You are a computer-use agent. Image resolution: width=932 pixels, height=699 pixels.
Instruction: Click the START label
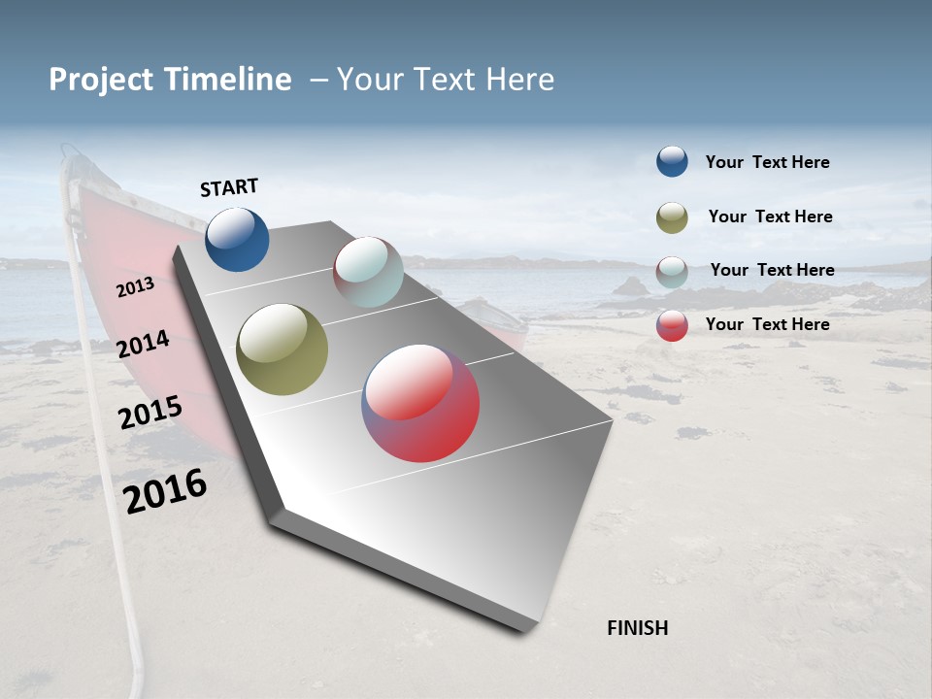229,187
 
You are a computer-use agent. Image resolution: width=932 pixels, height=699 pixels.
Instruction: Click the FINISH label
637,628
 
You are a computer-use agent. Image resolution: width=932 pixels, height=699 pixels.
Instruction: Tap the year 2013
136,286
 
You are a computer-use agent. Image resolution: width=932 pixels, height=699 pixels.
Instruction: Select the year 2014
144,344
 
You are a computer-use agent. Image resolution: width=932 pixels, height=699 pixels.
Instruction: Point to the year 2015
150,413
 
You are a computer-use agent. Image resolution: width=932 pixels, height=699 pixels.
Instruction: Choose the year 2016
165,490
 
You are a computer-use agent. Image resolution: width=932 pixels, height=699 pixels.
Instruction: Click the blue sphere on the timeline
237,239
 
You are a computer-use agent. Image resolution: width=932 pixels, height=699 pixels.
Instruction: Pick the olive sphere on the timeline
282,349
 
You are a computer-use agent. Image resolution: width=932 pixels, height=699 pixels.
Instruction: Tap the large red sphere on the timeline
420,403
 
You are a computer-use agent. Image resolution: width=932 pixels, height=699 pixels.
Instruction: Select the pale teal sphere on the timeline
368,271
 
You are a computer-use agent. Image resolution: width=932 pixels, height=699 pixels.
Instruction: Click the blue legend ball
672,161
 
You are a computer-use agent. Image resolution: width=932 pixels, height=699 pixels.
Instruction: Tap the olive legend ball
672,217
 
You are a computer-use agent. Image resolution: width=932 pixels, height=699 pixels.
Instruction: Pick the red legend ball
672,325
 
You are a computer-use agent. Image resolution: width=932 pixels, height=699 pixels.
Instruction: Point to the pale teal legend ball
672,271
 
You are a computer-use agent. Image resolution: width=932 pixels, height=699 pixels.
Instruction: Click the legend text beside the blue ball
767,162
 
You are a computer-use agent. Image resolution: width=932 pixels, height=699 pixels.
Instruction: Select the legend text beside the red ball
767,324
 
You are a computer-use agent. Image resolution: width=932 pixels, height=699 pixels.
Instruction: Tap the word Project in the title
101,80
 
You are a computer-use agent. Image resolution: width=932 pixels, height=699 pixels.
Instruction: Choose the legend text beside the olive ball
770,216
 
